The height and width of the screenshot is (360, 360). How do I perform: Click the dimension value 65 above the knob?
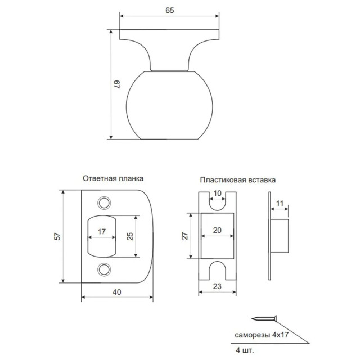click(170, 10)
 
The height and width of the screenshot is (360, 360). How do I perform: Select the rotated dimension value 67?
click(116, 84)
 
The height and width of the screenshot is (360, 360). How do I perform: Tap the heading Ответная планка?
click(113, 178)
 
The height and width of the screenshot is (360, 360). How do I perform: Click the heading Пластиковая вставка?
click(237, 180)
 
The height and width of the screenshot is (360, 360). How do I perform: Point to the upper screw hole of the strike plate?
click(104, 203)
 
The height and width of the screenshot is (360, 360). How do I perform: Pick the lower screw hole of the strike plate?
click(104, 269)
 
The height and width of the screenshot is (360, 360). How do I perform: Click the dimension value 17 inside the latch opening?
click(102, 231)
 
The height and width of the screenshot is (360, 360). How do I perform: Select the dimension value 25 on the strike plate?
click(130, 236)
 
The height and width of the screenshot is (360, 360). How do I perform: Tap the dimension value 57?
click(57, 236)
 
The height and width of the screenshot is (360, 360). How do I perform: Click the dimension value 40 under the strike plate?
click(117, 292)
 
